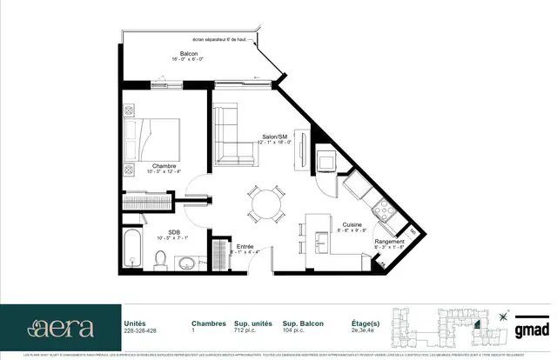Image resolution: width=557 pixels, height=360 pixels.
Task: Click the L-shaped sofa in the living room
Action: (232, 136)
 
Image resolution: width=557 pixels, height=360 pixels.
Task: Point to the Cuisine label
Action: (327, 223)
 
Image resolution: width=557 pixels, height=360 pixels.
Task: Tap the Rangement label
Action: (389, 242)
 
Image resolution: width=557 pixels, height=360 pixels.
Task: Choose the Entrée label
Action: (245, 247)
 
